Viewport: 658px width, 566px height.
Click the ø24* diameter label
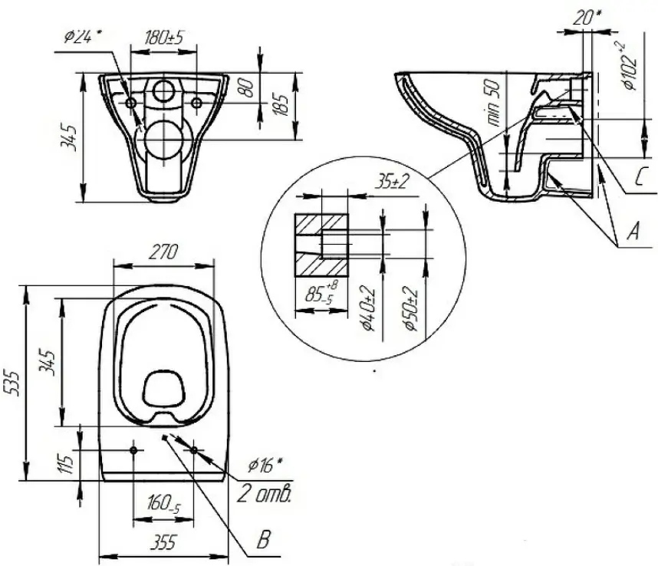[x=82, y=37]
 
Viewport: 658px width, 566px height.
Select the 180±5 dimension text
[x=164, y=38]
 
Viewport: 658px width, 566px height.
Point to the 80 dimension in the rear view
[x=248, y=88]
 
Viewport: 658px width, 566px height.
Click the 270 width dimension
[x=163, y=252]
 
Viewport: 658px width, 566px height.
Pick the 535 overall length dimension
[x=11, y=382]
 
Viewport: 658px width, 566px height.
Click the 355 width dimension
[x=163, y=542]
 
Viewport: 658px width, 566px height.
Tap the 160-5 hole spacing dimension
[x=163, y=503]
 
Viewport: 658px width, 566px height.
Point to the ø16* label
[x=265, y=465]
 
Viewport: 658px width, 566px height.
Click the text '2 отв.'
[x=264, y=493]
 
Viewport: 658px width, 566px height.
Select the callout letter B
[x=263, y=539]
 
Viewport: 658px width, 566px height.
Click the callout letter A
[x=633, y=231]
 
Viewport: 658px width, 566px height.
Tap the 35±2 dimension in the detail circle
[x=392, y=182]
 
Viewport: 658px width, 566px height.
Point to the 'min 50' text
[x=494, y=103]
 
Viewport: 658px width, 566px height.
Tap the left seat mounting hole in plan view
[x=133, y=450]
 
